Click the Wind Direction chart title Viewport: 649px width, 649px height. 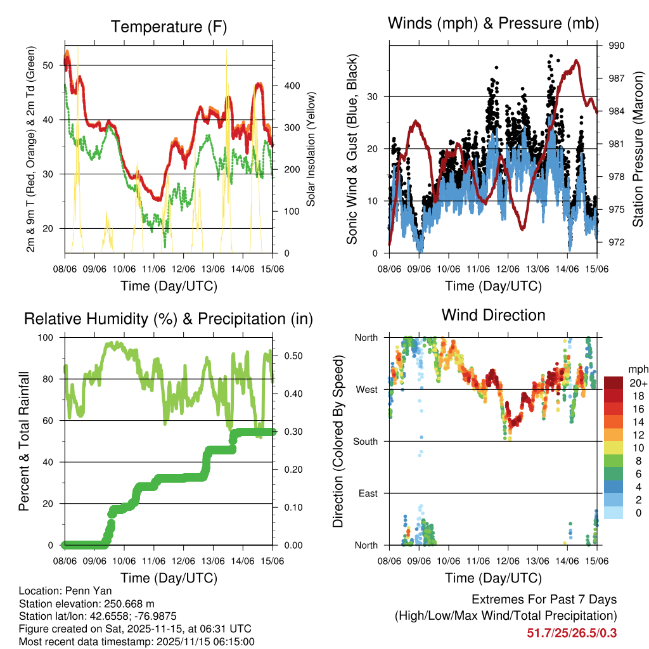(x=494, y=314)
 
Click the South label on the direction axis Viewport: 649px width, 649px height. (x=365, y=441)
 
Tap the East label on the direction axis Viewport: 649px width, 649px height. (x=367, y=493)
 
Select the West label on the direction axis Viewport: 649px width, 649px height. (x=366, y=389)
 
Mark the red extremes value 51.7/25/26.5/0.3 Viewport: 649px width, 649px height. (x=572, y=633)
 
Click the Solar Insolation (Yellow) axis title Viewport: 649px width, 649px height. (x=311, y=150)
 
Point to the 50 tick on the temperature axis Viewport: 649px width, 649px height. (x=51, y=65)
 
